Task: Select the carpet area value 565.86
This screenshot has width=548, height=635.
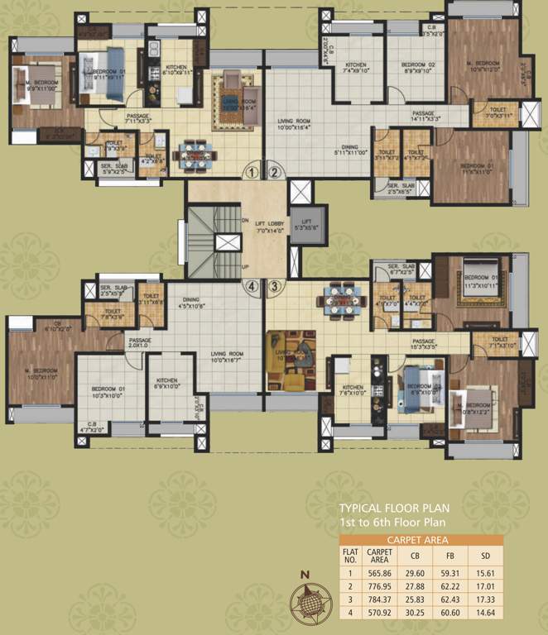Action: coord(379,572)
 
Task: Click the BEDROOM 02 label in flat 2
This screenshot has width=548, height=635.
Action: coord(417,66)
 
